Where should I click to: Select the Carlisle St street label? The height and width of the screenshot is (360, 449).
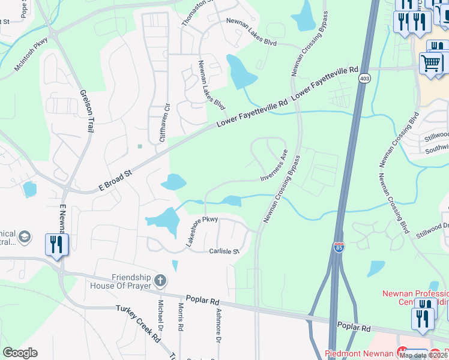coord(224,251)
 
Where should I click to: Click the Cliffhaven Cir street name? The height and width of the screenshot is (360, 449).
coord(161,122)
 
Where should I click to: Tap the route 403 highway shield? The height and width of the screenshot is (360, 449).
coord(364,79)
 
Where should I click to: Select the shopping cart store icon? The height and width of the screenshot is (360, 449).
coord(430,62)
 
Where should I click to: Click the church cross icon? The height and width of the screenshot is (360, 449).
coord(160,280)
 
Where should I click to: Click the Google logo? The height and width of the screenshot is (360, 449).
coord(20,353)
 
